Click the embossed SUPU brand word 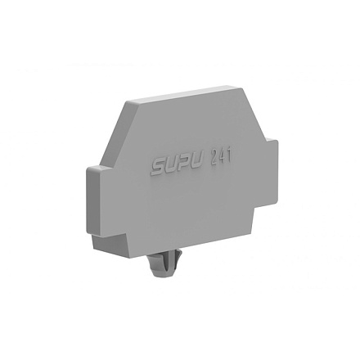tap(177, 166)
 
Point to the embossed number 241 tap(220, 157)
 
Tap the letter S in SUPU tap(157, 168)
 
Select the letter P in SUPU tap(183, 164)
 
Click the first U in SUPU tap(170, 166)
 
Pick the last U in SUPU tap(196, 163)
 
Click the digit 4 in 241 tap(221, 157)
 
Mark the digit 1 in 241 tap(228, 156)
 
